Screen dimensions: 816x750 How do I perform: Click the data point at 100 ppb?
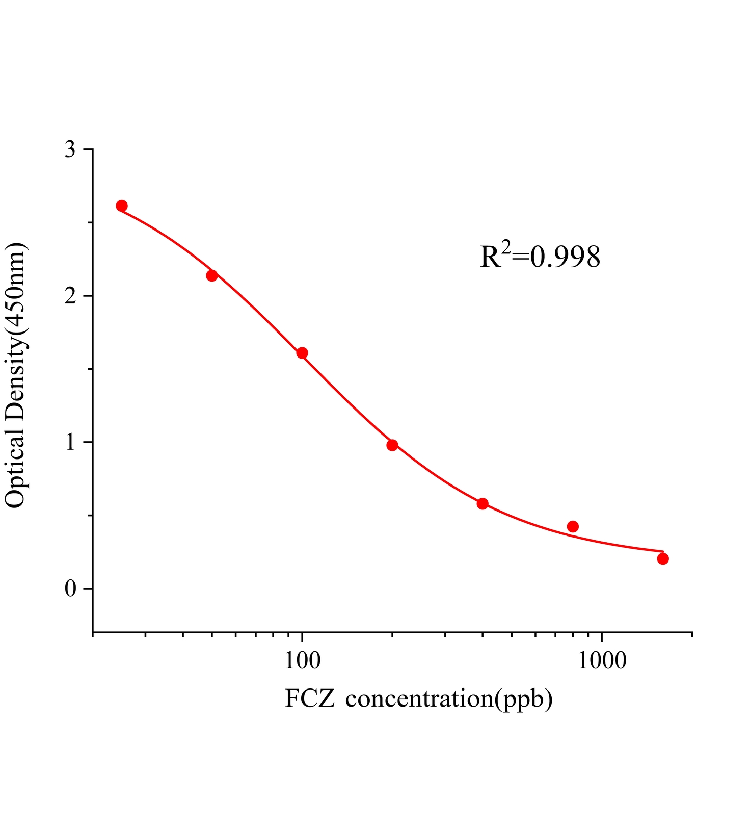point(302,353)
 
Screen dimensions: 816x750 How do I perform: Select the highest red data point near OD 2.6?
point(121,206)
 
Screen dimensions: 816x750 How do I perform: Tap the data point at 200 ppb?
point(392,445)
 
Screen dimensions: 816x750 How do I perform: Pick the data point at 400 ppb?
point(483,504)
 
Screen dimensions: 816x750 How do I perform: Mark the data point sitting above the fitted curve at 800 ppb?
point(573,526)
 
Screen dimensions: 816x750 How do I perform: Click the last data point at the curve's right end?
point(663,559)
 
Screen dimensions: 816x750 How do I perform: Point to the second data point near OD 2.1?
point(212,276)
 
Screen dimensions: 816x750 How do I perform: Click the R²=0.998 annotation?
point(540,257)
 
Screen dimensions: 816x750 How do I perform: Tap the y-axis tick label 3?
point(70,150)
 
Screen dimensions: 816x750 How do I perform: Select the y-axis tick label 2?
point(70,296)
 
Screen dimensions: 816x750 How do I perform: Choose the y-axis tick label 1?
point(70,442)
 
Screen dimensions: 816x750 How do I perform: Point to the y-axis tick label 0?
point(70,589)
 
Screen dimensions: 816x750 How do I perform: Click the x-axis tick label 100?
point(302,660)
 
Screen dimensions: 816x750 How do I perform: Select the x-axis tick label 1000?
point(602,660)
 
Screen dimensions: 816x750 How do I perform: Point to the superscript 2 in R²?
point(505,247)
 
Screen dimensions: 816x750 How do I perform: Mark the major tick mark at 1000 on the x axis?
point(602,637)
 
